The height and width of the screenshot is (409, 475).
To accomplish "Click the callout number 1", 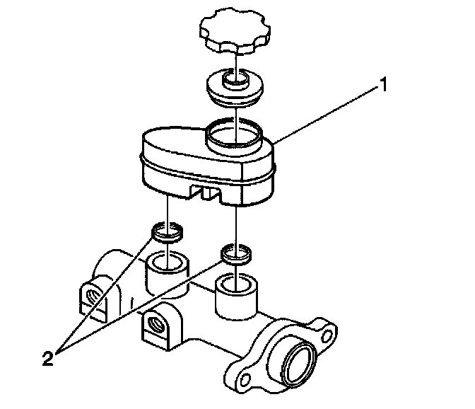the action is tap(384, 87).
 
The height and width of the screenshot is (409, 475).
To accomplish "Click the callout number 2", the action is tap(47, 358).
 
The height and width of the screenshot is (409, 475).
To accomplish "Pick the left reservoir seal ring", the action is tap(168, 231).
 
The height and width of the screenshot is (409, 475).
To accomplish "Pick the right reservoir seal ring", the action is tap(235, 253).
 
